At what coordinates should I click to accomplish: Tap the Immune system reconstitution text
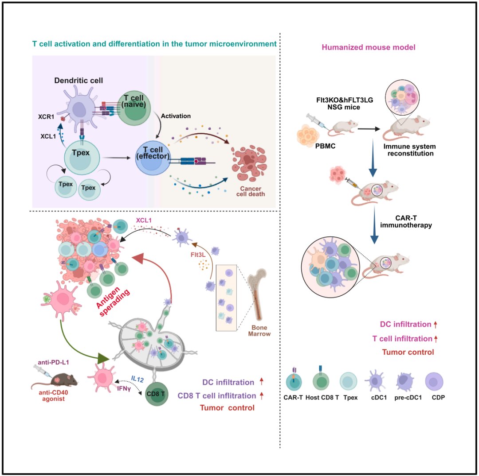pos(403,150)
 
